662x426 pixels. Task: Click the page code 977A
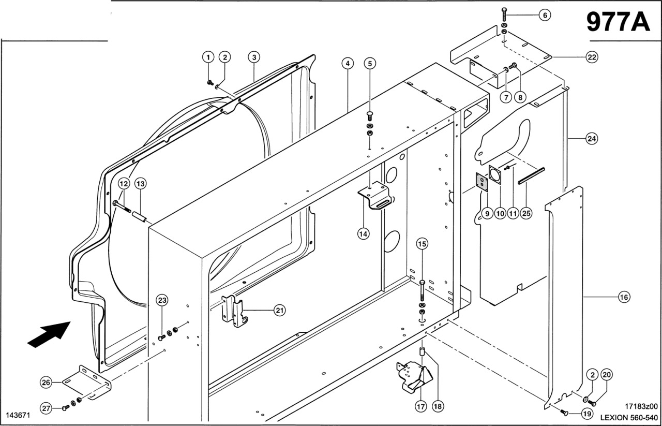pos(618,22)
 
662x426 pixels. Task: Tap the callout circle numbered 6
pos(545,16)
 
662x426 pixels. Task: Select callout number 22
pos(591,57)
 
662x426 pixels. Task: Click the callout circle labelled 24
pos(592,139)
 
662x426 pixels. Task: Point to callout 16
pos(624,297)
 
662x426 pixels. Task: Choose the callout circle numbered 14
pos(364,233)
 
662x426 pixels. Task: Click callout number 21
pos(279,310)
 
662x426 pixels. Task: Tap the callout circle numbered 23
pos(162,300)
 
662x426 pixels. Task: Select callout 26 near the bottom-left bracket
pos(47,383)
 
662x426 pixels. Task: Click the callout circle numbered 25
pos(526,213)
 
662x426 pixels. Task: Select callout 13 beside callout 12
pos(141,183)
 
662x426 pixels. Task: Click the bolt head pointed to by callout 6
pos(504,11)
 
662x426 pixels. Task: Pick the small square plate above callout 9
pos(483,183)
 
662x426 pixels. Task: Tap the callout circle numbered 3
pos(253,56)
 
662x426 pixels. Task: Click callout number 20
pos(607,375)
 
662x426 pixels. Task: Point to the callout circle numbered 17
pos(421,407)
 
